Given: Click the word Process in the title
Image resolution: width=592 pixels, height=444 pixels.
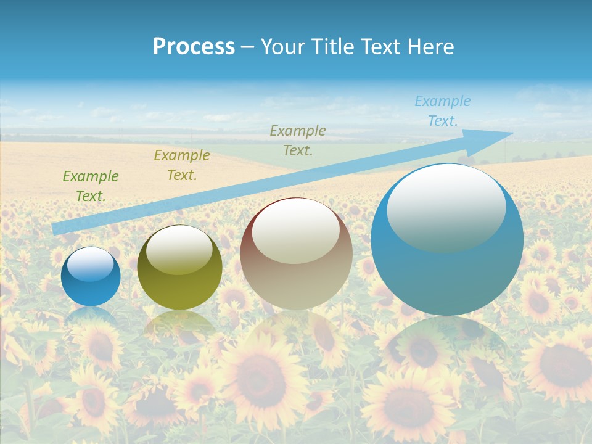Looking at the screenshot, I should coord(194,47).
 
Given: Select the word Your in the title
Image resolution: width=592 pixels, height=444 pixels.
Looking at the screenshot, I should coord(284,47).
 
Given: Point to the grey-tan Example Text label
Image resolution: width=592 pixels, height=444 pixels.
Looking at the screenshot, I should coord(298,141).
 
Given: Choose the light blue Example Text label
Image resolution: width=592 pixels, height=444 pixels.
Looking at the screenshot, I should coord(442,111).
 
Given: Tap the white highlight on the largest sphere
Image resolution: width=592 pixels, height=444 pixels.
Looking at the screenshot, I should coord(446,207).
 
